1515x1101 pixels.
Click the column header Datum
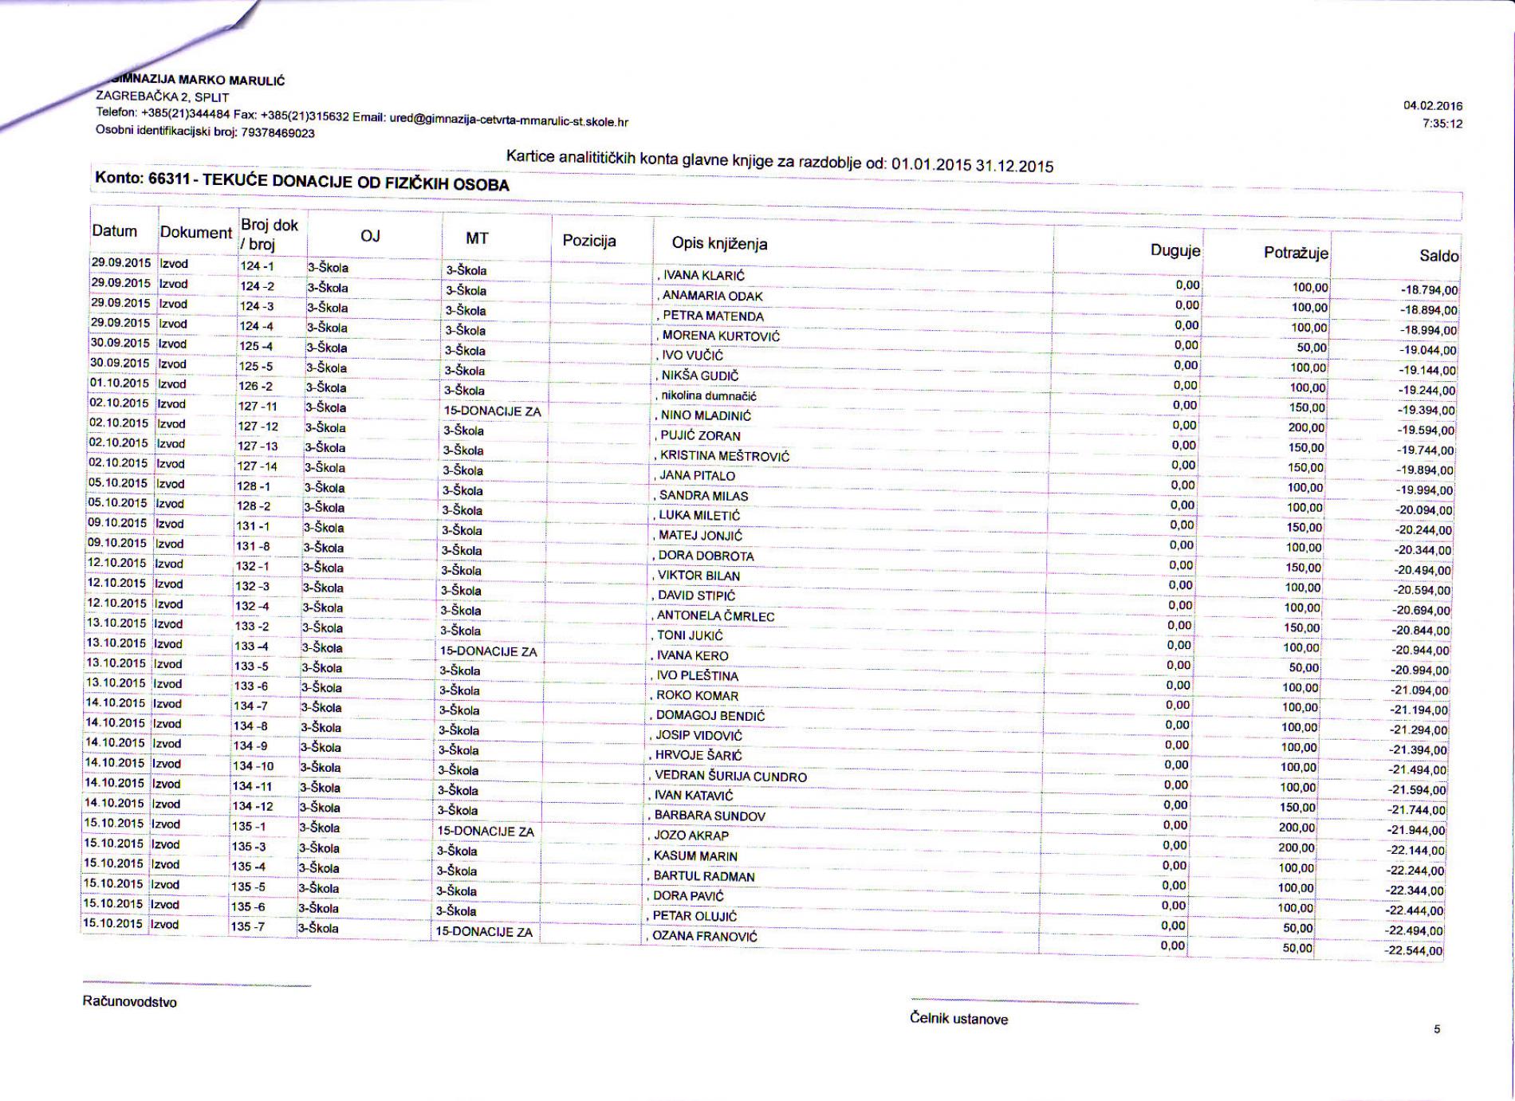click(115, 231)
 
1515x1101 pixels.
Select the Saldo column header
click(1438, 256)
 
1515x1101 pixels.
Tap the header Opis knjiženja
click(719, 243)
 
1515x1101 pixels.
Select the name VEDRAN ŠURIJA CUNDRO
click(730, 777)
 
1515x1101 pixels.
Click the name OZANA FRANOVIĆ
click(705, 937)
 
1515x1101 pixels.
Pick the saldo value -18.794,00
click(1429, 291)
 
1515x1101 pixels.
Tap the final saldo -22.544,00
click(1414, 951)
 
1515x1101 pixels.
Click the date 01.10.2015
click(120, 383)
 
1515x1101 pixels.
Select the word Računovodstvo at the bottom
click(130, 1002)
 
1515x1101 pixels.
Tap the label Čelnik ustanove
click(958, 1019)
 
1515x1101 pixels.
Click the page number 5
click(1437, 1029)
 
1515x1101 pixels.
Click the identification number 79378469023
click(277, 133)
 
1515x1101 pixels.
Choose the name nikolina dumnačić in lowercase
click(709, 395)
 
